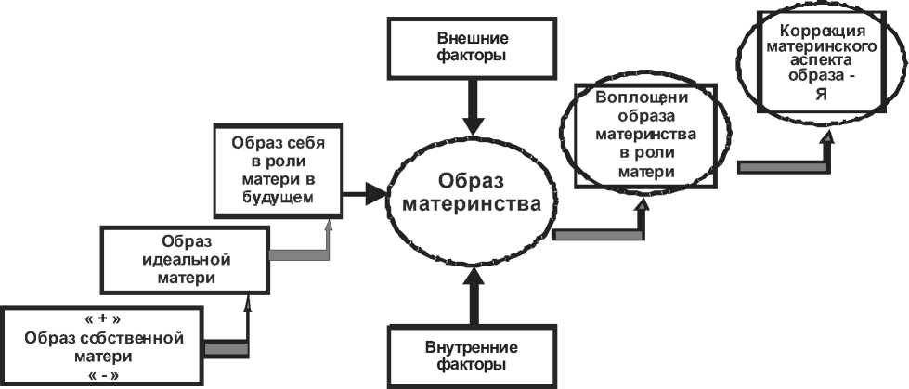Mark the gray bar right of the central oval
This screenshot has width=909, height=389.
(x=597, y=235)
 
